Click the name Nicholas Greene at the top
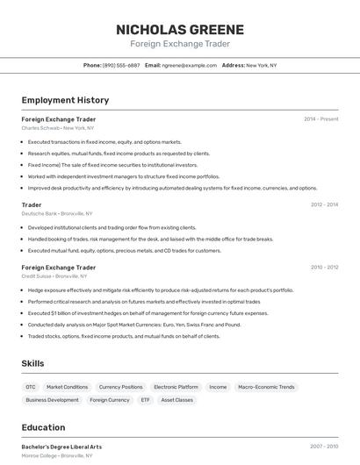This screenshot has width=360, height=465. pos(179,29)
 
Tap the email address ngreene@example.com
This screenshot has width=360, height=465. pos(189,65)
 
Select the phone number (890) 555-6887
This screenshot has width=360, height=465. pos(121,65)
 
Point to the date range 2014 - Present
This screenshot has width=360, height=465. pos(321,119)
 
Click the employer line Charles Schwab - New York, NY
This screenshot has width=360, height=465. pos(58,128)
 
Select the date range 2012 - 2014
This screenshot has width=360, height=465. pos(324,204)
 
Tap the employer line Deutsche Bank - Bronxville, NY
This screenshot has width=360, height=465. pos(57,213)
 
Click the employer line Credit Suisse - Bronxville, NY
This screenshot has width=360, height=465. pos(57,275)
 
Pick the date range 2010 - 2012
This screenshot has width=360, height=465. pos(324,267)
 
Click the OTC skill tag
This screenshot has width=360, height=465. pos(31,387)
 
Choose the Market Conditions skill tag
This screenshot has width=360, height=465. pos(67,387)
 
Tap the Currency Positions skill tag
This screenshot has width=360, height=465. pos(120,387)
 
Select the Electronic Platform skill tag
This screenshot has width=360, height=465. pos(176,387)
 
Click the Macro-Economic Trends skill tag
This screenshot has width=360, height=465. pos(266,387)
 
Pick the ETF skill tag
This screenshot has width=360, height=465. pos(145,400)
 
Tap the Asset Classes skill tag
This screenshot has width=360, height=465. pos(176,400)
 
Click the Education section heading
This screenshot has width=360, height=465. pos(44,427)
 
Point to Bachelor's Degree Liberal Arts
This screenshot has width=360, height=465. pos(61,447)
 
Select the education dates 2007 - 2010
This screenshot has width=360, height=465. pos(324,447)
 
